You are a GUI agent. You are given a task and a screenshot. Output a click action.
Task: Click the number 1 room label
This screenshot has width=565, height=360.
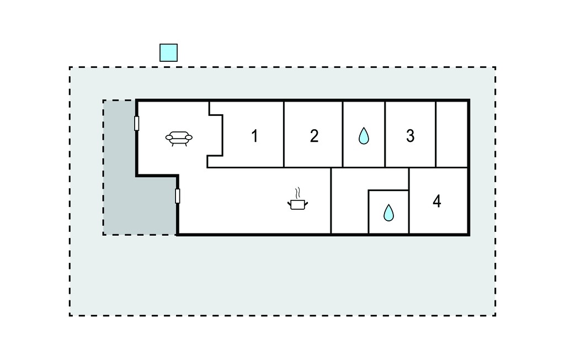pos(255,136)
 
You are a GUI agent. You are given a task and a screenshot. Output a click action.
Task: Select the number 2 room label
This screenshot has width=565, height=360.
pos(314,136)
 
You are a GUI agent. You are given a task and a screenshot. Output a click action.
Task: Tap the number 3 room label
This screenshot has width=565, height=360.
pos(410,136)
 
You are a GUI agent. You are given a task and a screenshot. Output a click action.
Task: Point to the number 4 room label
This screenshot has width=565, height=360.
pos(437,202)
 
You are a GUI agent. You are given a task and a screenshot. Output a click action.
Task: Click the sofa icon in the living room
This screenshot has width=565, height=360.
pos(179,139)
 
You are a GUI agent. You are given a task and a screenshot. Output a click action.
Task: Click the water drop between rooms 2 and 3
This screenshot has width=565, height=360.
pos(364,136)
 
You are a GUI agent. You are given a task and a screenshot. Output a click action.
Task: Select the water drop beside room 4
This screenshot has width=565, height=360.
pos(388,213)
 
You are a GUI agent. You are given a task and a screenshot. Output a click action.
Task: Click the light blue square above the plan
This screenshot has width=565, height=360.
pos(169,52)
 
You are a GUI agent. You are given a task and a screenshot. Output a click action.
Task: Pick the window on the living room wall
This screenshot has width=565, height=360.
pos(137,123)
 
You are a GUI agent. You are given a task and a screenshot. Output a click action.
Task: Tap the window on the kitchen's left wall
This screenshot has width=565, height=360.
pos(177,196)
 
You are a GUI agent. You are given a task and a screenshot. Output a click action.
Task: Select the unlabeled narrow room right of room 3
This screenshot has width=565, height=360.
pos(451,134)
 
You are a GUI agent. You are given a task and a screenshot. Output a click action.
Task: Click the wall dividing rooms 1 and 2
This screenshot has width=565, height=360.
pos(284,134)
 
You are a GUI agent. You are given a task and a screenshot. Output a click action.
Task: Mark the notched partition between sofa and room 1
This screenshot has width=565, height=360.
pos(216,135)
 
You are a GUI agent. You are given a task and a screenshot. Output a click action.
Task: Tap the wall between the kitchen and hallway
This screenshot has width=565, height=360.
pos(331,201)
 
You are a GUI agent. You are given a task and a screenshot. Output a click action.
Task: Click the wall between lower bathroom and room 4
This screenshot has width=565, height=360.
pos(409,201)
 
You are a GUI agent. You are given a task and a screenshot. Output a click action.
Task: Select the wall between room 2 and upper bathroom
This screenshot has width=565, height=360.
pos(343,134)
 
